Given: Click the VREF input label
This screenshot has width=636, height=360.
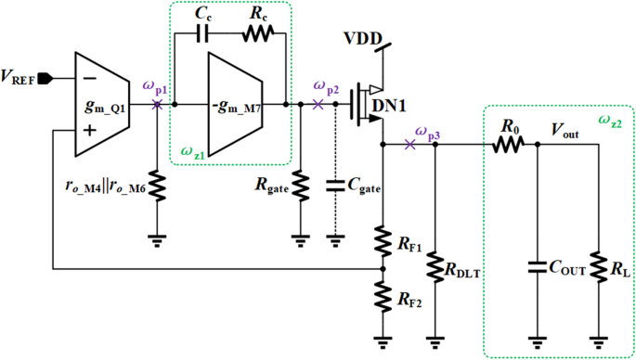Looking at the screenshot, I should coord(26,77).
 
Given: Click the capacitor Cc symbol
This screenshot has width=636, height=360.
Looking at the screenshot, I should coord(206,34).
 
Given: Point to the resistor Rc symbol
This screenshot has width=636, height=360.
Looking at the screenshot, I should coord(257,34).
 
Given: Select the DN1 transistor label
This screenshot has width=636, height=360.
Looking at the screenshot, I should coord(389,106).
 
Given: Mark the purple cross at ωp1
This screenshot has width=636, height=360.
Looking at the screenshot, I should coord(156,104).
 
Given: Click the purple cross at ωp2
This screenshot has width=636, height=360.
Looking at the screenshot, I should coord(318,105).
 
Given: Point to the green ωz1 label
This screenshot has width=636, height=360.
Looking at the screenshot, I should coord(191,150).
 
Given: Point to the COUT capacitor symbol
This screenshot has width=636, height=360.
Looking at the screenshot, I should coord(536,269).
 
